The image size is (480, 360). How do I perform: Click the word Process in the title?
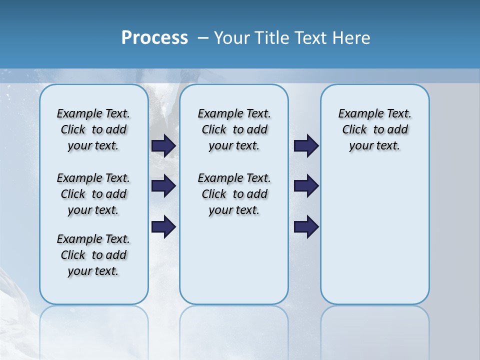[154, 37]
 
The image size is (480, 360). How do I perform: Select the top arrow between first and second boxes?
[163, 145]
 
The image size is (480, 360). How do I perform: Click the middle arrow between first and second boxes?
[163, 186]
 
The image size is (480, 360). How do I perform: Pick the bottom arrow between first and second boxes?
[163, 226]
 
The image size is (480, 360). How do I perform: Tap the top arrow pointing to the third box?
[306, 145]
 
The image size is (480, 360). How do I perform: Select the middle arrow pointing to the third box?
[306, 186]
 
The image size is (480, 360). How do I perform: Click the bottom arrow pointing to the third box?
[306, 226]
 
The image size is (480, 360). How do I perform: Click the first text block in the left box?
[93, 129]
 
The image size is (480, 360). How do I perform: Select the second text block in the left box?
[93, 194]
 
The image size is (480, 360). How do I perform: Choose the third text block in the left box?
[93, 255]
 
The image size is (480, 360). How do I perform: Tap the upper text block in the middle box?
[234, 129]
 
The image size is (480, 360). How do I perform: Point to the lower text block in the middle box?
[234, 194]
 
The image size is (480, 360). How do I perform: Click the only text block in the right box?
[374, 129]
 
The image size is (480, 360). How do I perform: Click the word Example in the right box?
[357, 113]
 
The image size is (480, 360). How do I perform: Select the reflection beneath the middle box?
[234, 325]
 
